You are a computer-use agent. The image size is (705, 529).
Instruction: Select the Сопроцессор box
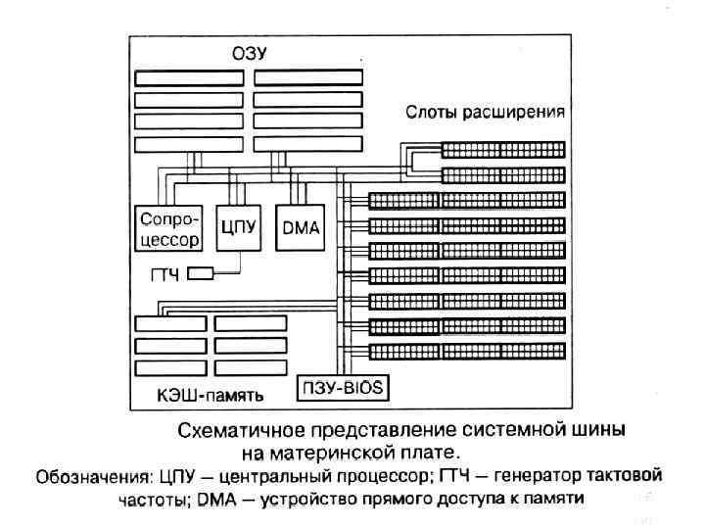[x=170, y=228]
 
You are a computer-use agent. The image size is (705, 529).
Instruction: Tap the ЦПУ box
[x=239, y=228]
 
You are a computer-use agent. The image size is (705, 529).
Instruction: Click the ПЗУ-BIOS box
[x=343, y=389]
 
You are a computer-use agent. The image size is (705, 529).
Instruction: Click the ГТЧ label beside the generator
[x=163, y=273]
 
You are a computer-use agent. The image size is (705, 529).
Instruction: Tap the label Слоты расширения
[x=486, y=112]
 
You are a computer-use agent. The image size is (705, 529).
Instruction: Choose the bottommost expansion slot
[x=466, y=350]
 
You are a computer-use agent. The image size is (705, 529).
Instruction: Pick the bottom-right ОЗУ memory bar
[x=308, y=144]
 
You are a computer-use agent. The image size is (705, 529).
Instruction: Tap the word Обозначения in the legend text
[x=92, y=477]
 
